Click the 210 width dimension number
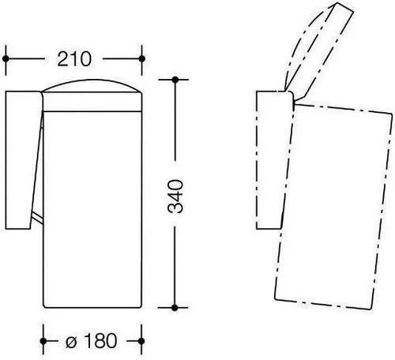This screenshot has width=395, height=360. click(74, 59)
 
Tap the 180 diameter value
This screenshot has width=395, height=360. click(101, 341)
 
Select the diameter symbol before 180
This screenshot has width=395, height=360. click(71, 342)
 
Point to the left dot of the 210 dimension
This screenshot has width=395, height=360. click(6, 58)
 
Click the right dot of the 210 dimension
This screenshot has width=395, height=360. click(141, 58)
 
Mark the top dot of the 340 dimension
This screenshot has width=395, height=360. click(175, 80)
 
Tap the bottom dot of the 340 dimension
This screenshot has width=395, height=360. click(175, 307)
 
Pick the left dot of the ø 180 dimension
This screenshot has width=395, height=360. click(43, 341)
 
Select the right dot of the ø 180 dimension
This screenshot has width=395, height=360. click(141, 341)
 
